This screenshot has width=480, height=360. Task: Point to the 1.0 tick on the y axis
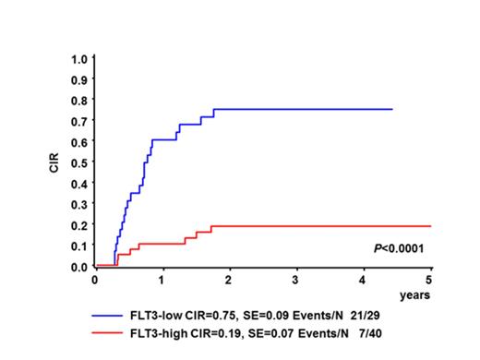click(x=80, y=57)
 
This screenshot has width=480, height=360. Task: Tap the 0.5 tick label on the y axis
click(x=80, y=162)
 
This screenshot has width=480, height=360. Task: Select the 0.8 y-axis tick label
click(x=80, y=100)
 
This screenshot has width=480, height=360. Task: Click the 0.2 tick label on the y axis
click(x=80, y=225)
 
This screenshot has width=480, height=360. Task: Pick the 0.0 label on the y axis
click(x=80, y=267)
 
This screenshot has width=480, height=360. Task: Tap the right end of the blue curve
click(x=392, y=109)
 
